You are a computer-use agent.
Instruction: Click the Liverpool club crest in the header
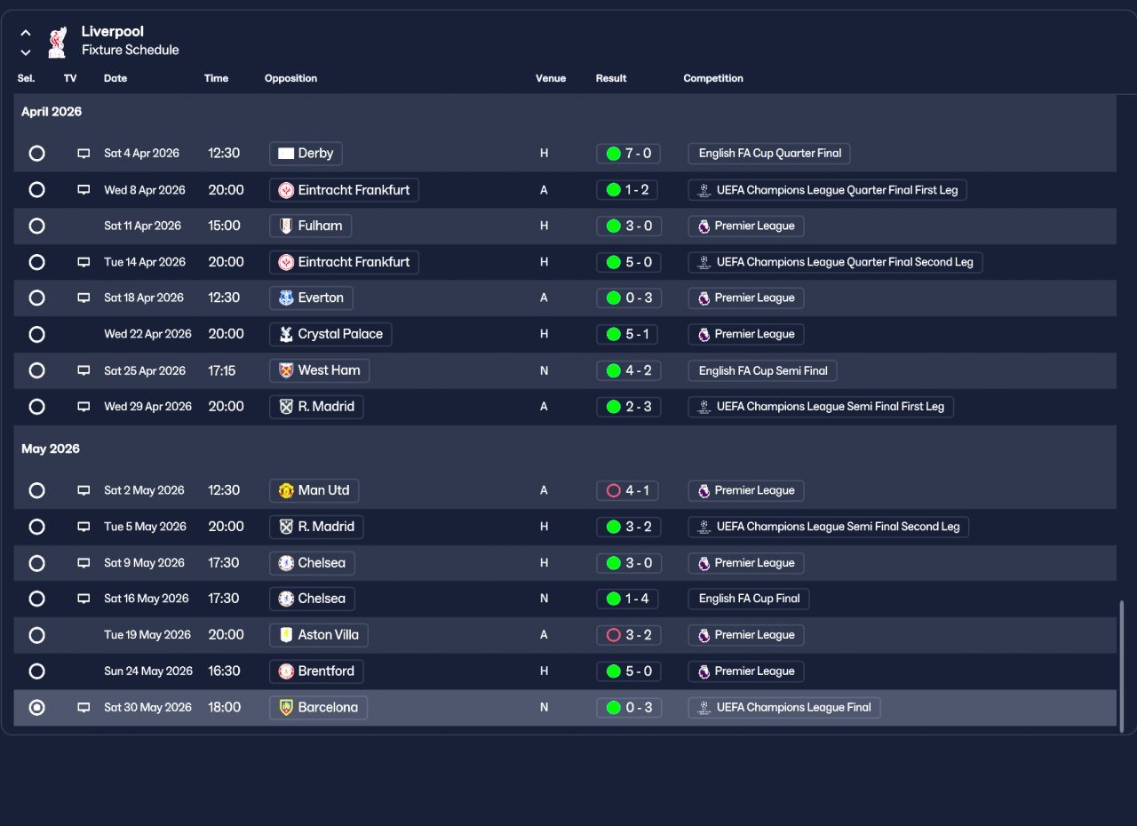pos(58,42)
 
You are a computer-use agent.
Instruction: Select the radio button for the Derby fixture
pos(36,154)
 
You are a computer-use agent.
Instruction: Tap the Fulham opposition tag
pos(310,226)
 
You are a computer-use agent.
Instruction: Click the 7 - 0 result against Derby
pos(628,154)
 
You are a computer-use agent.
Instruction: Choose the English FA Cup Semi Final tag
pos(762,371)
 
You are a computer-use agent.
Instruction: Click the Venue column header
pos(551,78)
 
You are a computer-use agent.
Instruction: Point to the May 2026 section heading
pos(51,449)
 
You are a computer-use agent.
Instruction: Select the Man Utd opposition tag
pos(314,490)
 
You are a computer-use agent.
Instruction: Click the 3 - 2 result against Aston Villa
pos(628,635)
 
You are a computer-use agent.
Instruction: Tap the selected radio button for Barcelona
pos(36,707)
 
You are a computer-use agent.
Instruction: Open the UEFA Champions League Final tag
pos(784,707)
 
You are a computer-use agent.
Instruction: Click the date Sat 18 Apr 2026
pos(144,298)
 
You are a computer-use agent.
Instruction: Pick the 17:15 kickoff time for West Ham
pos(222,371)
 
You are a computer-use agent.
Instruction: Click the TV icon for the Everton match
pos(83,298)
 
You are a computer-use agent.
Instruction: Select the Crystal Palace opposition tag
pos(330,334)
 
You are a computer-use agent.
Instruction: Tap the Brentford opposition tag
pos(316,671)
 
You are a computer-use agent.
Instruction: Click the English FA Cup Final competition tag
pos(749,599)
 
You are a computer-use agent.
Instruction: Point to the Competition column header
pos(713,78)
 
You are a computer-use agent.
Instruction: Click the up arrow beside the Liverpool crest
pos(26,33)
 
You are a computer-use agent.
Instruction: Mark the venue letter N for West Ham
pos(545,371)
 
